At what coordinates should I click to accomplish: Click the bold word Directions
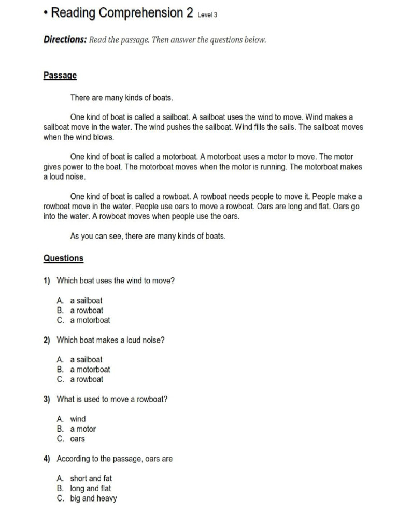click(65, 40)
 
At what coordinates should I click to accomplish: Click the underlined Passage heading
click(60, 76)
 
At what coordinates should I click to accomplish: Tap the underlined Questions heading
click(63, 258)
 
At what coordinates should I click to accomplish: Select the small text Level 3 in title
click(207, 15)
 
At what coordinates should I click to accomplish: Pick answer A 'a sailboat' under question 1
click(86, 300)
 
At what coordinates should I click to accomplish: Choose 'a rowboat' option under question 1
click(87, 311)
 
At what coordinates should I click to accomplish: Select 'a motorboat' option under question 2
click(90, 370)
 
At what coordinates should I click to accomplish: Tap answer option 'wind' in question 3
click(78, 419)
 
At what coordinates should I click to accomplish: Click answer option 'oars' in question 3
click(78, 439)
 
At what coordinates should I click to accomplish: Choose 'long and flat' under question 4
click(91, 488)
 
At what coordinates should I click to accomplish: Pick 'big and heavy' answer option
click(93, 498)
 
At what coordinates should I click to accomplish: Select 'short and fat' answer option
click(91, 478)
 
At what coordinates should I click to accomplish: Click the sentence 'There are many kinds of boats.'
click(121, 97)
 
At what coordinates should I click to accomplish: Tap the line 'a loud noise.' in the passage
click(65, 176)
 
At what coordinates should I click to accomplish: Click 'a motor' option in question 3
click(83, 429)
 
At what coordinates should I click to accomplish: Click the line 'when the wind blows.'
click(78, 137)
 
